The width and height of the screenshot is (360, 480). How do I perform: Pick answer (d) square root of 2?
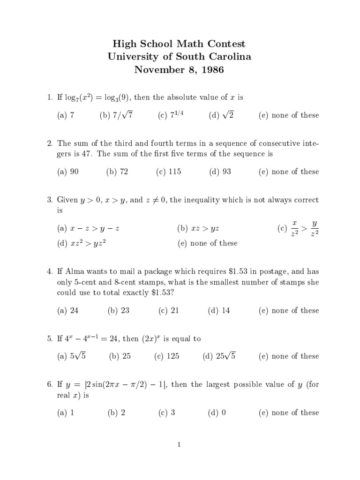pyautogui.click(x=221, y=115)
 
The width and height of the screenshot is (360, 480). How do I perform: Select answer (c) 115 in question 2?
pyautogui.click(x=168, y=172)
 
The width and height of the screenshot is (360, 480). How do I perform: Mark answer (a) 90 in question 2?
pyautogui.click(x=68, y=172)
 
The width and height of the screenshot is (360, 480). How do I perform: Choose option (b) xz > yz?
pyautogui.click(x=199, y=229)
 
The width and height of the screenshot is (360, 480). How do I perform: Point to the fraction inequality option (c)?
pyautogui.click(x=298, y=228)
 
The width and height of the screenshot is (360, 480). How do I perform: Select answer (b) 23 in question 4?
pyautogui.click(x=118, y=310)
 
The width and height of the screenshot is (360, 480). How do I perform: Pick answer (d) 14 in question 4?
pyautogui.click(x=219, y=310)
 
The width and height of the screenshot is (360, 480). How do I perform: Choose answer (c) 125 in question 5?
pyautogui.click(x=167, y=356)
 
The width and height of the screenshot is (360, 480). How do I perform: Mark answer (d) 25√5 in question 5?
pyautogui.click(x=219, y=356)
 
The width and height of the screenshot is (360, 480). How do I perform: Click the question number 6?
pyautogui.click(x=49, y=385)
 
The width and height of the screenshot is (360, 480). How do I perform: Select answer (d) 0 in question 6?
pyautogui.click(x=217, y=412)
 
